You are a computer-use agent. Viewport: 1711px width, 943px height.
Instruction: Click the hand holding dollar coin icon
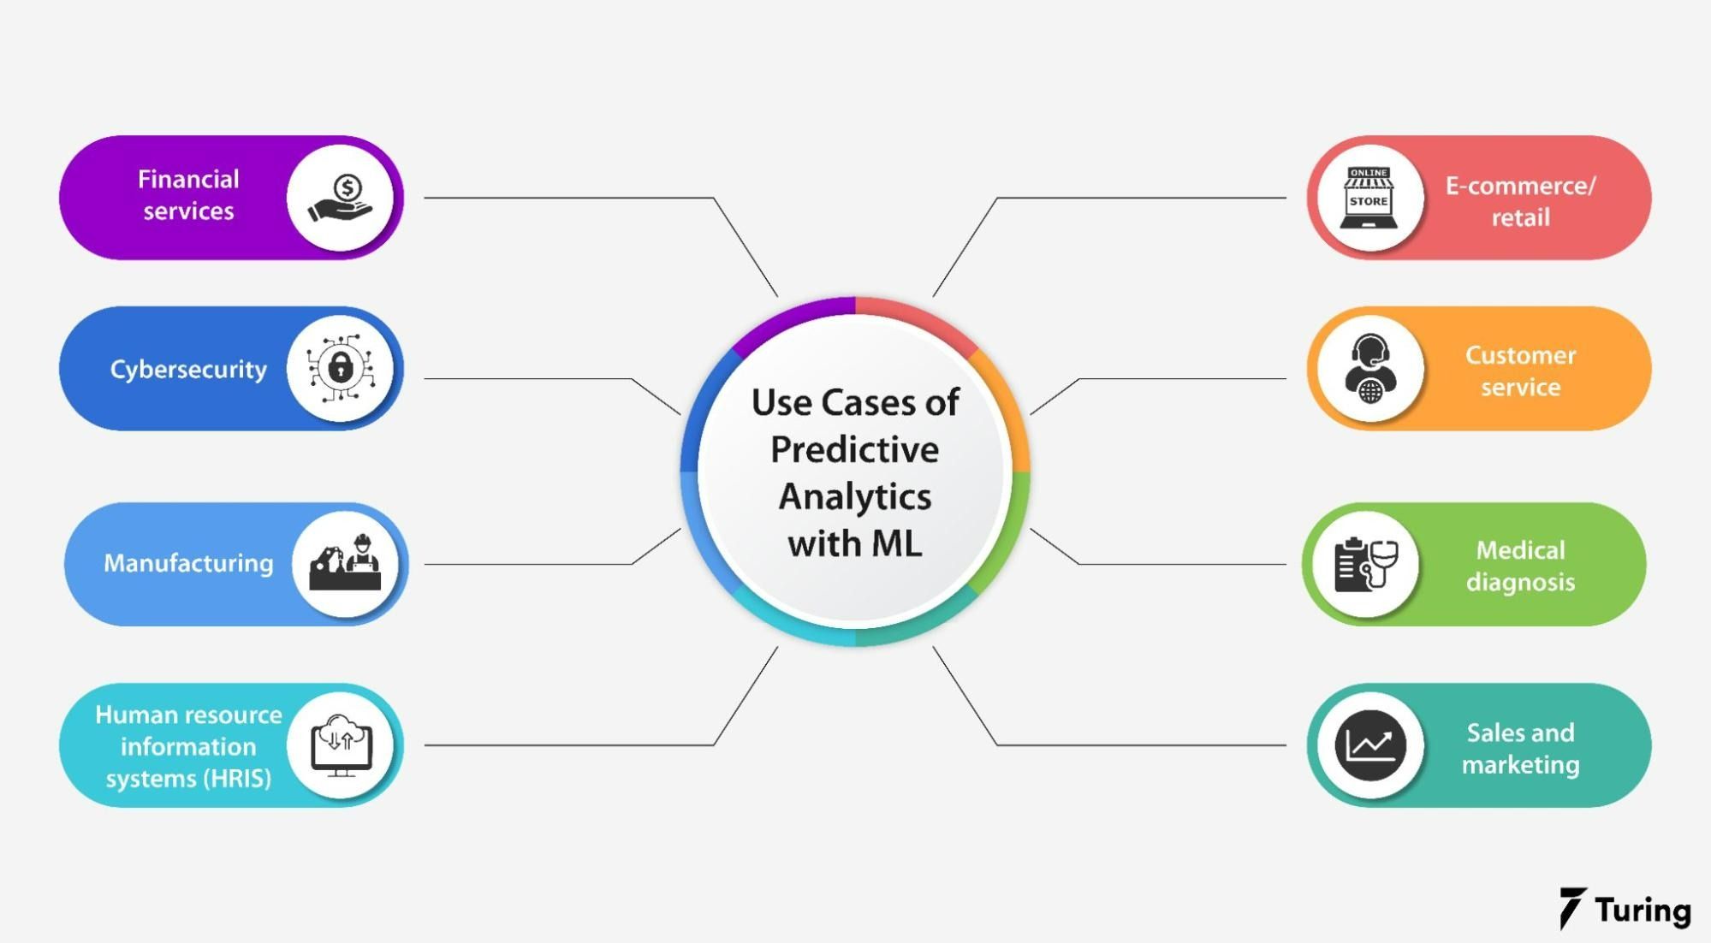coord(341,199)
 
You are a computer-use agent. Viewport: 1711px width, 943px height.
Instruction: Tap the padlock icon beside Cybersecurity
coord(341,369)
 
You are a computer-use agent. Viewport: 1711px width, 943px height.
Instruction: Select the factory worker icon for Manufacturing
coord(345,564)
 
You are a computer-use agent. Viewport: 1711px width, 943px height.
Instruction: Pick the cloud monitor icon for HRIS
coord(341,745)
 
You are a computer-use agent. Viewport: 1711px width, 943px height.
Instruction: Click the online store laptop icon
coord(1369,199)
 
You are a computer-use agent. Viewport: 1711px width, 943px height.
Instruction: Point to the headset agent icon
coord(1369,369)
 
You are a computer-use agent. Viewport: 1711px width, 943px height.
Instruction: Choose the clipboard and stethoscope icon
coord(1366,564)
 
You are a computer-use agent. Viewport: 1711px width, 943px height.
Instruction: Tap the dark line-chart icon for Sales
coord(1369,745)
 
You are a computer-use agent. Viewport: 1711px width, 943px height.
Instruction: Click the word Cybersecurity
coord(188,370)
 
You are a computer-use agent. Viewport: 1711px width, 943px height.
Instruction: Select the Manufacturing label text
coord(188,563)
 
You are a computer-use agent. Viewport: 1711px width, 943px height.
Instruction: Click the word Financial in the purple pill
coord(188,180)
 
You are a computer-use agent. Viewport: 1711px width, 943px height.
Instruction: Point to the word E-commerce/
coord(1520,186)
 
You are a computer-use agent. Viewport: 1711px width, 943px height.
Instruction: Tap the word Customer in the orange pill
coord(1520,355)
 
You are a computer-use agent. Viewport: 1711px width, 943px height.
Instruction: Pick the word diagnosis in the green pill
coord(1520,582)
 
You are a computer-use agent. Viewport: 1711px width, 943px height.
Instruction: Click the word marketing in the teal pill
coord(1520,764)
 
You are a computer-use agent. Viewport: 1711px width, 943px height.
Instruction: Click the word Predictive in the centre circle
coord(854,450)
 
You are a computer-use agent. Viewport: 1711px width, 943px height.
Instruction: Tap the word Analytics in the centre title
coord(854,497)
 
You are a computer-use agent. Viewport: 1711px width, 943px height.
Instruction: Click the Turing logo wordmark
coord(1641,910)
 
